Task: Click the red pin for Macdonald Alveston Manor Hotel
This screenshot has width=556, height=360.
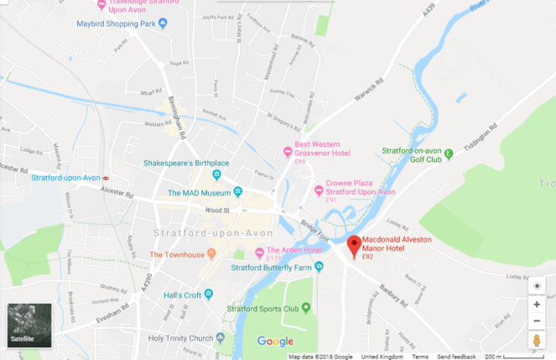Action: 354,245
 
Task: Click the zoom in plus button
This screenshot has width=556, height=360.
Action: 537,304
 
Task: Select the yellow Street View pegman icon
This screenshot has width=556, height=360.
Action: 537,340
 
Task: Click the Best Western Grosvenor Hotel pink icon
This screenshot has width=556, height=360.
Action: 288,152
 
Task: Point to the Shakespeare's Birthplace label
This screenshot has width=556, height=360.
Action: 165,163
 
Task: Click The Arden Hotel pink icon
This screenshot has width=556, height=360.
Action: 259,252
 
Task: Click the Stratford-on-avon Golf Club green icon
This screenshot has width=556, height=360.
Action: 449,154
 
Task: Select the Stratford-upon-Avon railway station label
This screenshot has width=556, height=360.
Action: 65,178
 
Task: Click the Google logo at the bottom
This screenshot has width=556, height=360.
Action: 274,341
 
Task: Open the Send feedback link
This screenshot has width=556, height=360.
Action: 456,357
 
